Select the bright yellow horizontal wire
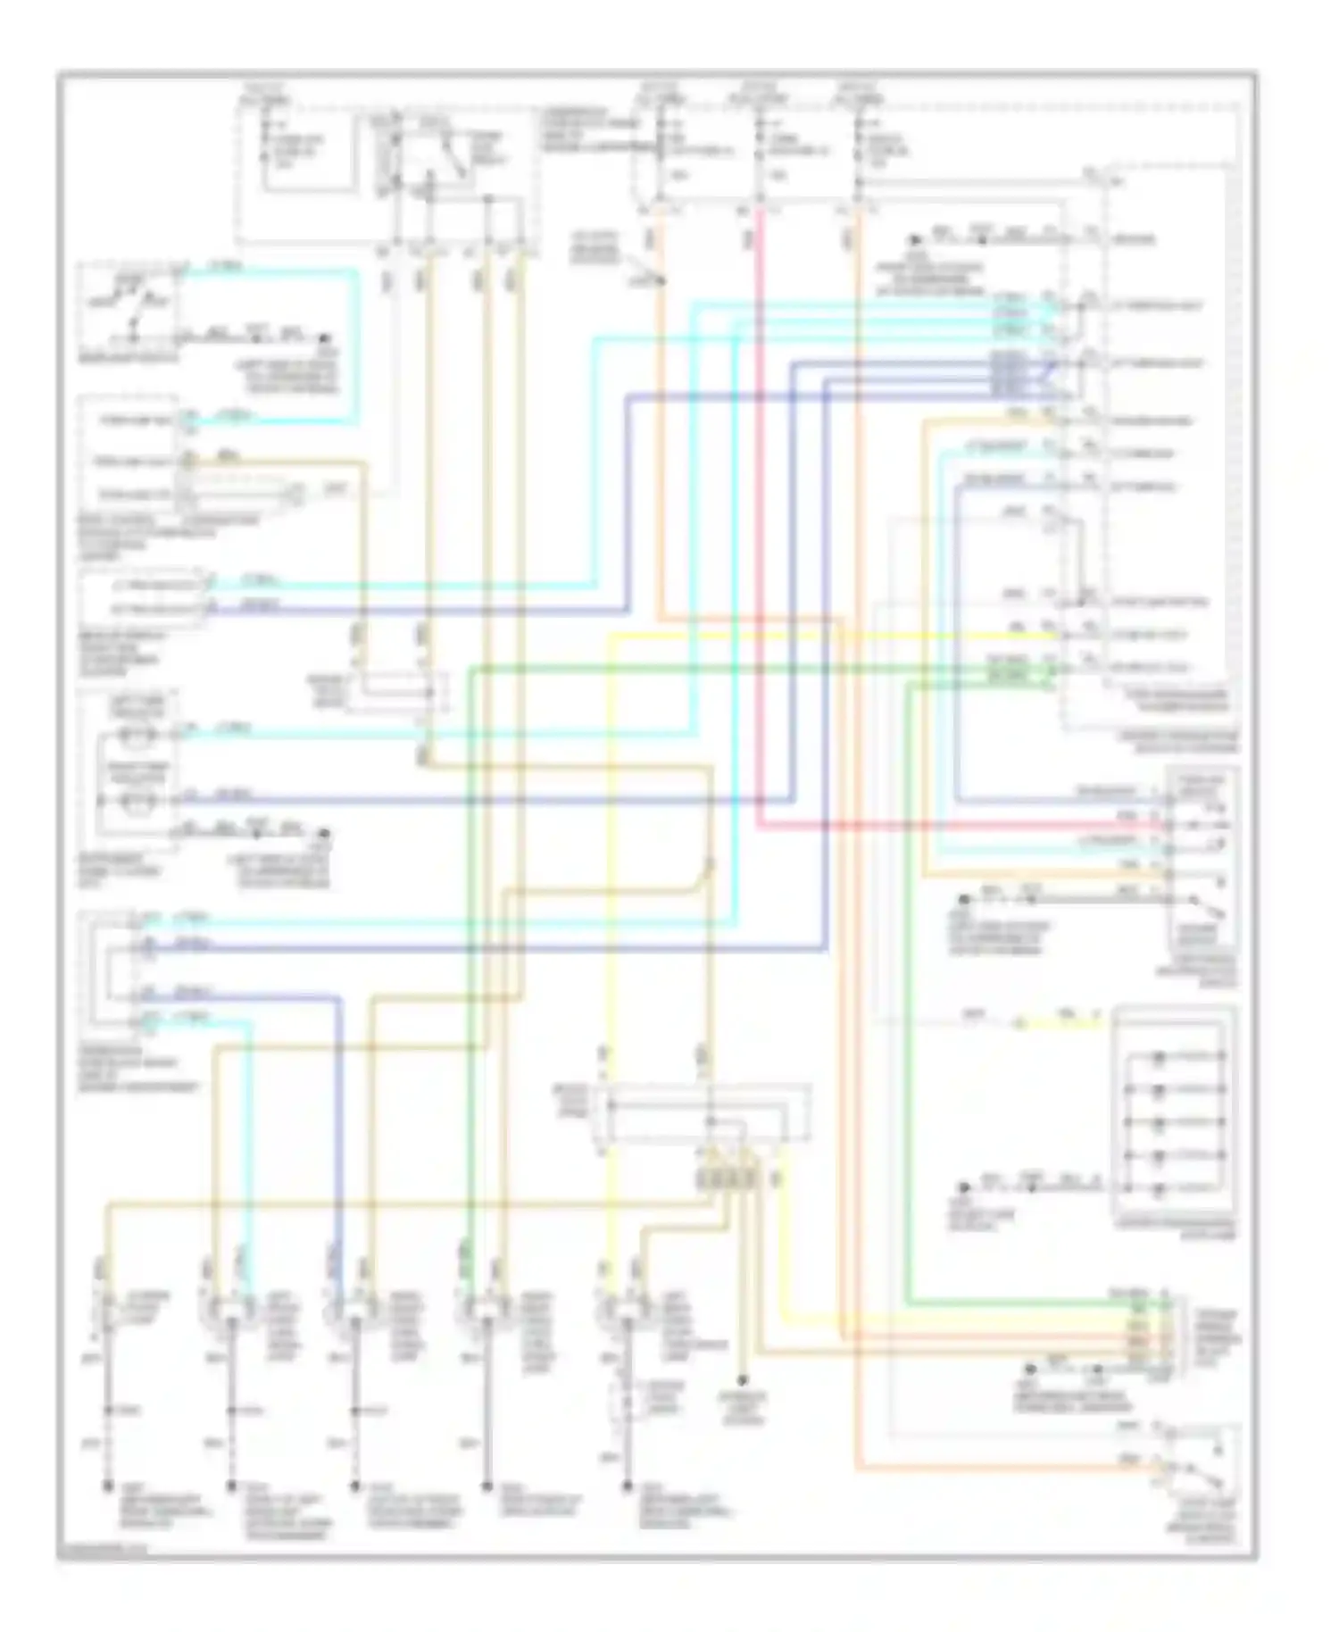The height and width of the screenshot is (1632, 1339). coord(803,635)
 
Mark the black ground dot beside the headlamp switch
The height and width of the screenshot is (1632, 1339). coord(325,340)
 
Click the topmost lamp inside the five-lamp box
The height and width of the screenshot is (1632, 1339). coord(1159,1057)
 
